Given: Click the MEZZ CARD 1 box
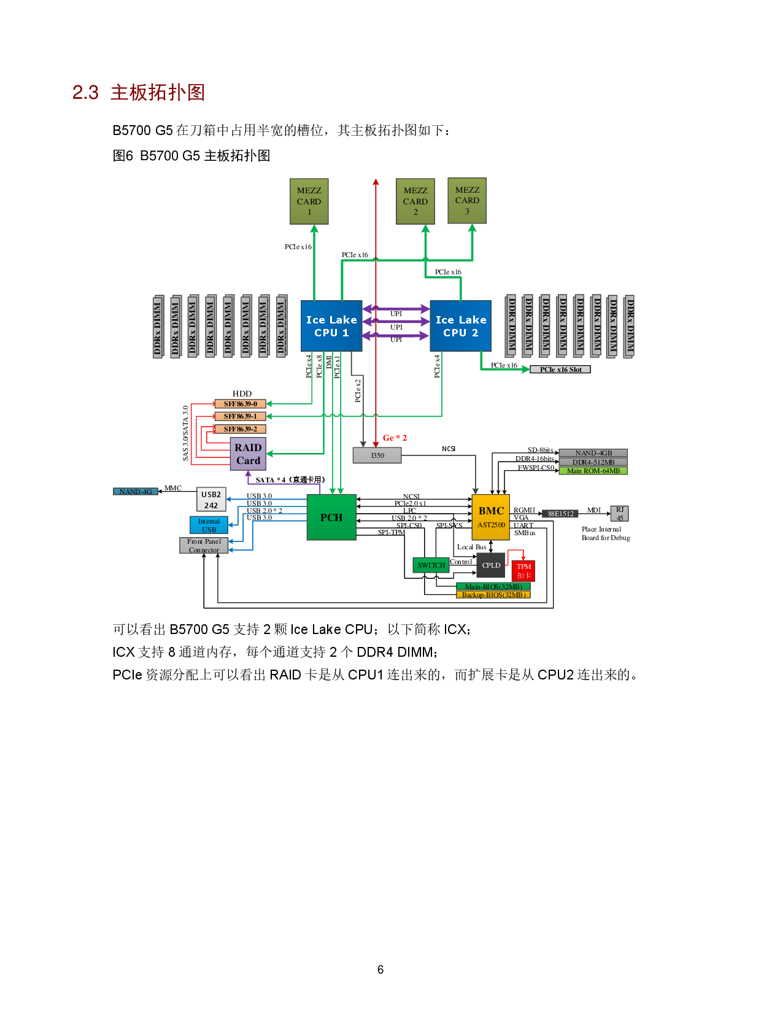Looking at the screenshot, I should (309, 201).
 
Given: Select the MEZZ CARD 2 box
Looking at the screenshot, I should (415, 201).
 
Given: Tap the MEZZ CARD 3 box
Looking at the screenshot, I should (467, 201).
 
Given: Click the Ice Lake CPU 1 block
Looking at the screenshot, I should (331, 326).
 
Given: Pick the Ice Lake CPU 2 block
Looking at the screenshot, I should (460, 326).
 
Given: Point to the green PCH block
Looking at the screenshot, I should (331, 517).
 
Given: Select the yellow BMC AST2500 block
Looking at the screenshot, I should (490, 517).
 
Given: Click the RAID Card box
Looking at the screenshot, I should (248, 454).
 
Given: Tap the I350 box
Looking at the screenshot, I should (377, 455).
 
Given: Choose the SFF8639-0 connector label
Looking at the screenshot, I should (240, 404).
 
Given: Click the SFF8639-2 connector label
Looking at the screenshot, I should (240, 429).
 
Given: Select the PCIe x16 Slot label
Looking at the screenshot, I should (560, 369).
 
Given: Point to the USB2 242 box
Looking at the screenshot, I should (211, 500).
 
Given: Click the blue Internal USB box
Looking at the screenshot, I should (209, 525).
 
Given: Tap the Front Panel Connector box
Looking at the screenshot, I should (204, 546).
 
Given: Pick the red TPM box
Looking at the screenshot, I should (523, 571).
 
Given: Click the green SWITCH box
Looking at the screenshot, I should (431, 565).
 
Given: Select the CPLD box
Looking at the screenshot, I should (491, 565).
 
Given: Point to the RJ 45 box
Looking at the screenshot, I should (620, 514).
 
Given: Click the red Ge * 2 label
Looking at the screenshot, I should (395, 438).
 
